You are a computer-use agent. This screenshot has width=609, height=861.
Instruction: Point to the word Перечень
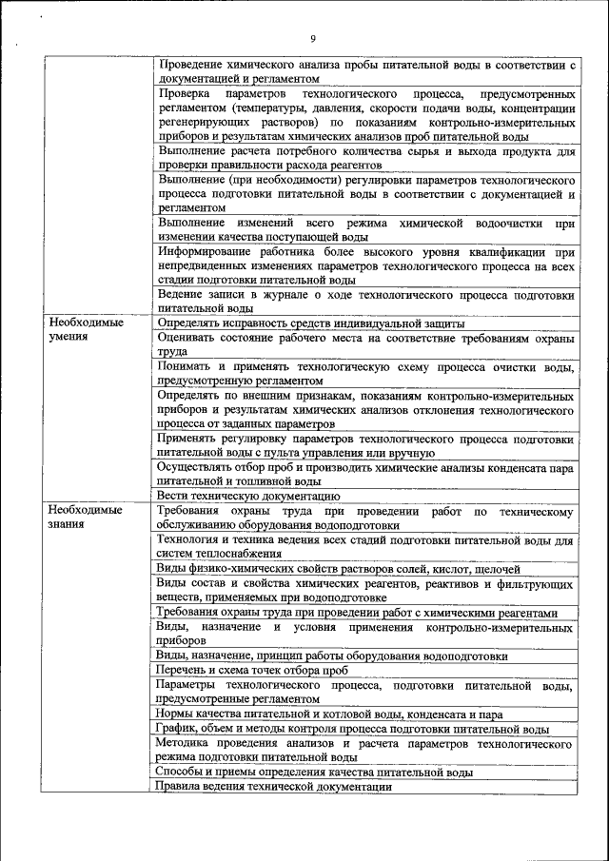182,670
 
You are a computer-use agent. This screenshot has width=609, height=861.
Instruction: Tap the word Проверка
186,95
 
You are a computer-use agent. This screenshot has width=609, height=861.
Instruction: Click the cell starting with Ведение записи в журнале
366,302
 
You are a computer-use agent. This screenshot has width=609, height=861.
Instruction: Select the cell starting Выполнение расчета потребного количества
366,159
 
